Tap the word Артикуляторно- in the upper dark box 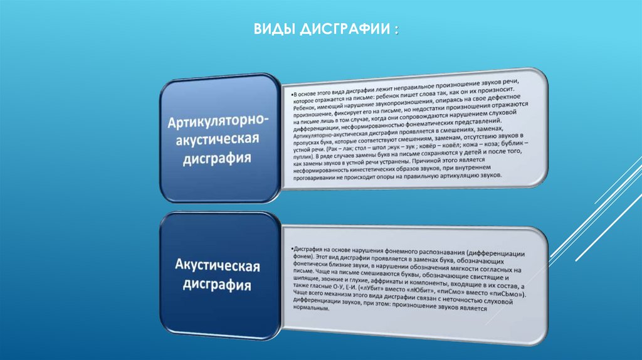(x=218, y=119)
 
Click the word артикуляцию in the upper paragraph (x=455, y=179)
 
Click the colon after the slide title (x=395, y=31)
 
